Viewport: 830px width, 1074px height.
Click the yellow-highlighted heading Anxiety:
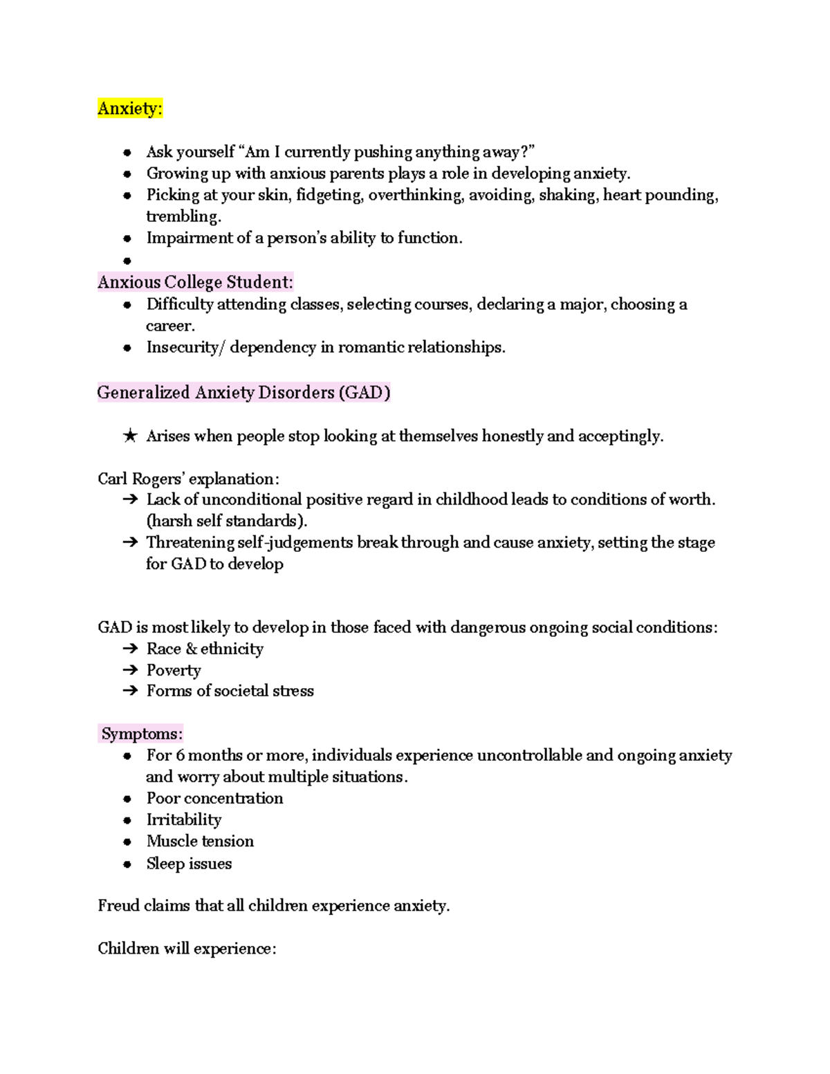pos(130,109)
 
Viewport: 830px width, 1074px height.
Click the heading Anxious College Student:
pos(195,282)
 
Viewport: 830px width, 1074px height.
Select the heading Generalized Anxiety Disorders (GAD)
pos(243,393)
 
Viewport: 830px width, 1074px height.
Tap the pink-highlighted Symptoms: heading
pos(141,734)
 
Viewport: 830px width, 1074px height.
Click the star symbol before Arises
pos(129,436)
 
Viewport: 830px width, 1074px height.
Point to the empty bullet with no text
pos(127,261)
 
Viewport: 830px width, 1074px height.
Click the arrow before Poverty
pos(129,670)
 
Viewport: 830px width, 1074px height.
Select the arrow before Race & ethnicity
pos(129,649)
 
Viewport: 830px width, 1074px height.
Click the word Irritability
pos(184,820)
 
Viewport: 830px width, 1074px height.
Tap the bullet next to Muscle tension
pos(127,842)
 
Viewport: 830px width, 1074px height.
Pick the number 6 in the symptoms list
pos(181,755)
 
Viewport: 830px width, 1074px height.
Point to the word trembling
pos(183,216)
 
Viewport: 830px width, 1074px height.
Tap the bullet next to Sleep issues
pos(127,864)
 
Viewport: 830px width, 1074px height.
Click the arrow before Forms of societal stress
pos(129,691)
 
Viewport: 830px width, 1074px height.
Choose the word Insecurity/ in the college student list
pos(185,347)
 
